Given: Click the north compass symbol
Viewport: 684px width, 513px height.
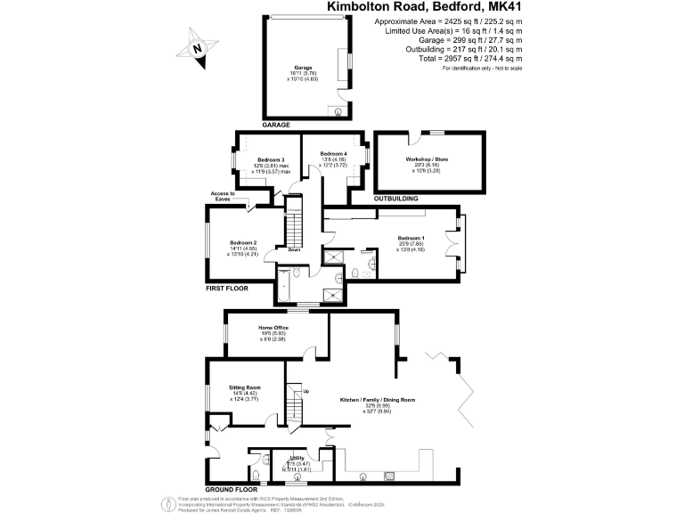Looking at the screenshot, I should tap(200, 46).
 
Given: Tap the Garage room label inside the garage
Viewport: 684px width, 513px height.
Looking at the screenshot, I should tap(304, 67).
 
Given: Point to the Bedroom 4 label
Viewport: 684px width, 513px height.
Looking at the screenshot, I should tap(334, 154).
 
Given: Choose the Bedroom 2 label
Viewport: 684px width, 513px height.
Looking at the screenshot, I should tap(242, 242).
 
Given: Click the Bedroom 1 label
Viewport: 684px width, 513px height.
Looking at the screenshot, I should tap(411, 238).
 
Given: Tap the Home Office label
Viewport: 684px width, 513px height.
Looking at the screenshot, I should tap(273, 329).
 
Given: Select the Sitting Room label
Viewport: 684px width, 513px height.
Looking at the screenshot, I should tap(244, 387).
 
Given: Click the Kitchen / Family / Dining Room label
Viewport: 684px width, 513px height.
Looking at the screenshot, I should tap(378, 400).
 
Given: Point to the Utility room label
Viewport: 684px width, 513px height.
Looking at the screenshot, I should tap(297, 458).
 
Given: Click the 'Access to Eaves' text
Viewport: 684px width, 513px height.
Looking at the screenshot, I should tap(223, 196).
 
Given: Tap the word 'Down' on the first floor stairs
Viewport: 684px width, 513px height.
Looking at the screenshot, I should tap(294, 249).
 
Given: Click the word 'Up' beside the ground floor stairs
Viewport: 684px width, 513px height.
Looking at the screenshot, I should tap(307, 391).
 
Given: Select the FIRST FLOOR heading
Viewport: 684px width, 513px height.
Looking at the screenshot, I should tap(227, 289).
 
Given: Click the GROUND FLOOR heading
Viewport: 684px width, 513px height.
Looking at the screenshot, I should tap(232, 490).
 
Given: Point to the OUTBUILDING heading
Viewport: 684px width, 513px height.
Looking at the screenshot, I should tap(396, 198).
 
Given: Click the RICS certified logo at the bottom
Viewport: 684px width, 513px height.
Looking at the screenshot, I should tap(168, 503).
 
